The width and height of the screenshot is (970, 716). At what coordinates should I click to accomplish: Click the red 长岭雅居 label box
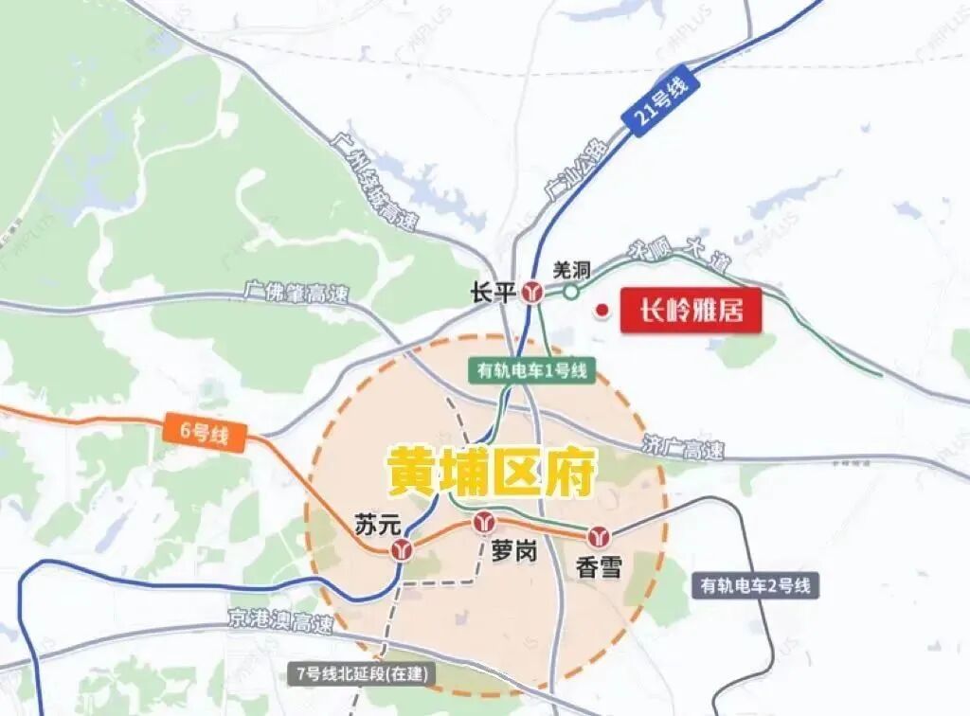(x=691, y=311)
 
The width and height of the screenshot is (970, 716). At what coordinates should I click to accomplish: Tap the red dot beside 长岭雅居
(x=602, y=310)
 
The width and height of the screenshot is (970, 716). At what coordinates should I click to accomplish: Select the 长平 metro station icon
(x=533, y=293)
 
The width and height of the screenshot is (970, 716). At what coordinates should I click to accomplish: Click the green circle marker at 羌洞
(x=571, y=292)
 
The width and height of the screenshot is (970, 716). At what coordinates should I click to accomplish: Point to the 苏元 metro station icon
(x=404, y=548)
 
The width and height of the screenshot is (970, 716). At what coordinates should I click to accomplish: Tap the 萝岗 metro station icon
(x=486, y=522)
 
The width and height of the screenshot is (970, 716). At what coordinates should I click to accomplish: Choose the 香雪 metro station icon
(x=598, y=536)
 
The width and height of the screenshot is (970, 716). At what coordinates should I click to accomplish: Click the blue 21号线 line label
(x=659, y=103)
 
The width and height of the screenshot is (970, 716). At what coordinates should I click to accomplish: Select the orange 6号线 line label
(x=205, y=431)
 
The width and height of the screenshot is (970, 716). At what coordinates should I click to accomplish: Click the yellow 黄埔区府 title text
(x=489, y=471)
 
